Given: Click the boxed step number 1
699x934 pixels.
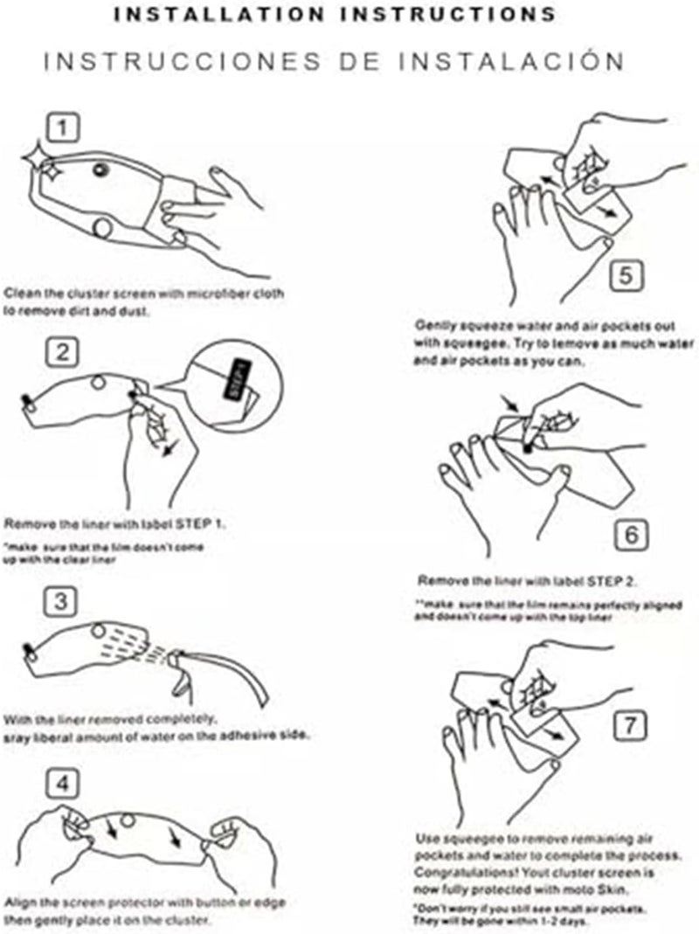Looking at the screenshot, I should pos(62,129).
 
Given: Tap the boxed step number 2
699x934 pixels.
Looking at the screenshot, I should pos(62,353).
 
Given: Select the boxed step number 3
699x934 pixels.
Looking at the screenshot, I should pos(62,601).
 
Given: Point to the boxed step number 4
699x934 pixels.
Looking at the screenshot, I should pos(62,783).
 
